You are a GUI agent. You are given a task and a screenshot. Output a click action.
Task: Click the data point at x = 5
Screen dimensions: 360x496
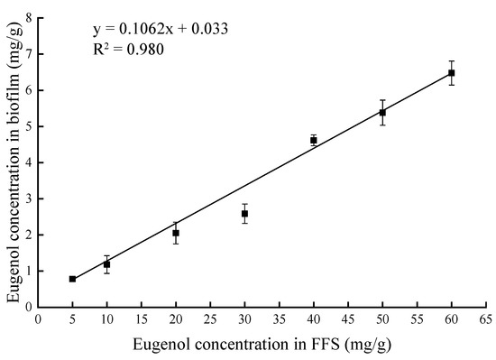[72, 279]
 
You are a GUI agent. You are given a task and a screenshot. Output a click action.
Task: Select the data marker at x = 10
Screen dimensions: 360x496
[106, 264]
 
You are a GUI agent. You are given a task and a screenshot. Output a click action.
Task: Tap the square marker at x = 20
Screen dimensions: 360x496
[176, 233]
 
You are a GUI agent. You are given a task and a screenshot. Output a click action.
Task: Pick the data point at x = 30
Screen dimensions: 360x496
[244, 214]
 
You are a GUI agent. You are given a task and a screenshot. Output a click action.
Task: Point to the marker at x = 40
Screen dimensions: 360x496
[314, 140]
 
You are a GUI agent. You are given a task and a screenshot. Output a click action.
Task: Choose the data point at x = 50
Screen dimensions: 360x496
[382, 112]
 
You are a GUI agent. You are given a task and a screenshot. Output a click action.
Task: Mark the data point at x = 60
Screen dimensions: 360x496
[452, 73]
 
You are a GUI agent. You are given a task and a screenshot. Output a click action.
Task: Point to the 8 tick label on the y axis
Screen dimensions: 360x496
[30, 18]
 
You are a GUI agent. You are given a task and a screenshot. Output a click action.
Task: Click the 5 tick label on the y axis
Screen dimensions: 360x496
[30, 126]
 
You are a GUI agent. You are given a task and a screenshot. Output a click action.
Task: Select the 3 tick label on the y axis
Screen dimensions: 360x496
[30, 198]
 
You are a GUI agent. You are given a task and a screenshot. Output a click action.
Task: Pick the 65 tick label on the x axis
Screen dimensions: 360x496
[486, 318]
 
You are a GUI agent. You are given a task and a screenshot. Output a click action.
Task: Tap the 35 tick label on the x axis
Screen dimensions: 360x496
[280, 318]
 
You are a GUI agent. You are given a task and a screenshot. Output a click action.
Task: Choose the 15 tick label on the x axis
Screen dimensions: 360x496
[142, 318]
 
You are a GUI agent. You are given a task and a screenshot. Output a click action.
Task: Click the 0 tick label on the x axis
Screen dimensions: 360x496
[38, 318]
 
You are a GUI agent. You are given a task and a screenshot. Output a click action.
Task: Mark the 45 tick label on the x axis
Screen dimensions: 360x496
[348, 318]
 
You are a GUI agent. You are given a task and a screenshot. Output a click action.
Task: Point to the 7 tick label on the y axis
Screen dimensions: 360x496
[30, 54]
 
